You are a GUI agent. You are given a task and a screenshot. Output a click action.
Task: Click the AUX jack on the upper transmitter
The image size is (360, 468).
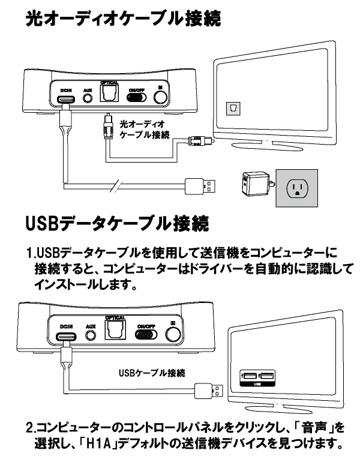click(x=88, y=97)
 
